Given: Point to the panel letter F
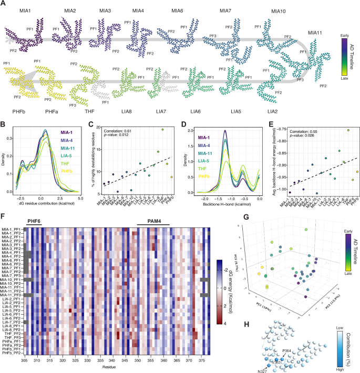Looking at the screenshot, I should pos(3,215).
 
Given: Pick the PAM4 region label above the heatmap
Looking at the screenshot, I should pos(153,222).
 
